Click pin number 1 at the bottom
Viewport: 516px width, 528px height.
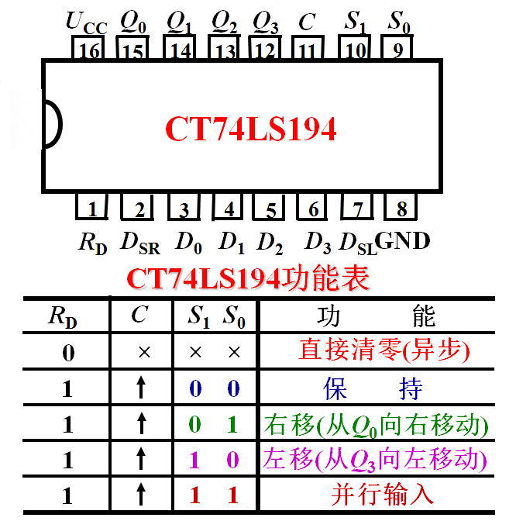(x=92, y=209)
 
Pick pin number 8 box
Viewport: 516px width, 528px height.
(x=401, y=209)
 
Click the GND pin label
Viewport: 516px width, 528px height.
(x=402, y=241)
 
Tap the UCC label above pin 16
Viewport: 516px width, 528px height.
(x=86, y=23)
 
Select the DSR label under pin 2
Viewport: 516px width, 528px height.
(x=139, y=243)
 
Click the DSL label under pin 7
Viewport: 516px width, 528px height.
(x=358, y=243)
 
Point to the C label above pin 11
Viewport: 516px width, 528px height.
(x=307, y=22)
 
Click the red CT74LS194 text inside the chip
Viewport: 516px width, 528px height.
(x=251, y=129)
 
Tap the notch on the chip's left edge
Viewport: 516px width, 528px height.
(x=50, y=123)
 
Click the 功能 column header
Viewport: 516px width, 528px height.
(x=377, y=316)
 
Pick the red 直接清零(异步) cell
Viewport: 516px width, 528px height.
(x=384, y=351)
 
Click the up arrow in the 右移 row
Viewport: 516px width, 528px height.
(x=141, y=423)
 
